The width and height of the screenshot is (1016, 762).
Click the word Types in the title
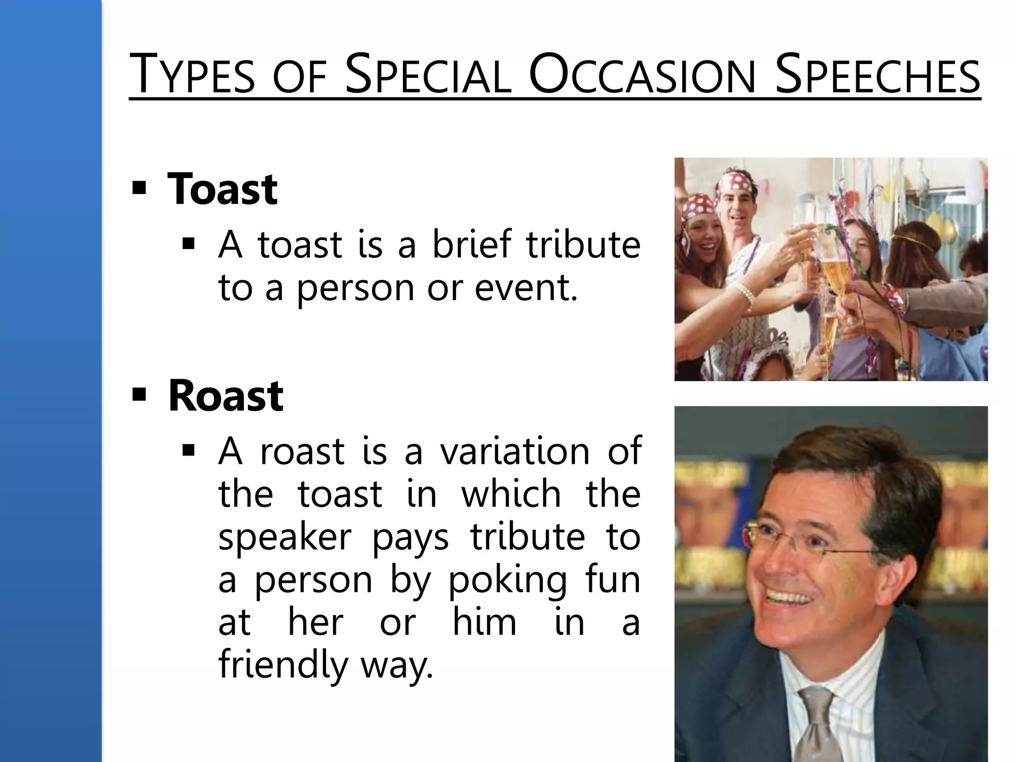click(191, 74)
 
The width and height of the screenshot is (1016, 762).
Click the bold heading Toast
click(222, 189)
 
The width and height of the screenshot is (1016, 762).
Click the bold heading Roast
click(226, 396)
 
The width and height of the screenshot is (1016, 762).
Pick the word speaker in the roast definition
click(285, 538)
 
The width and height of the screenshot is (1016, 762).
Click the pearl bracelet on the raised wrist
click(746, 295)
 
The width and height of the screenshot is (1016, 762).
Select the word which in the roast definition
click(511, 494)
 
